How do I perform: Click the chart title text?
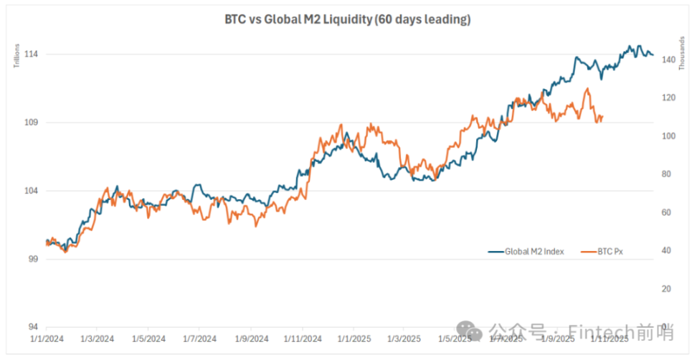tap(348, 20)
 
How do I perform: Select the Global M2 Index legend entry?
tap(526, 252)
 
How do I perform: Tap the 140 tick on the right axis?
tap(668, 60)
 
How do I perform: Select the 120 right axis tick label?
tap(668, 98)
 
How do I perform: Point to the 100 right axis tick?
tap(668, 136)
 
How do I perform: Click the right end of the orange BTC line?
tap(602, 116)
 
